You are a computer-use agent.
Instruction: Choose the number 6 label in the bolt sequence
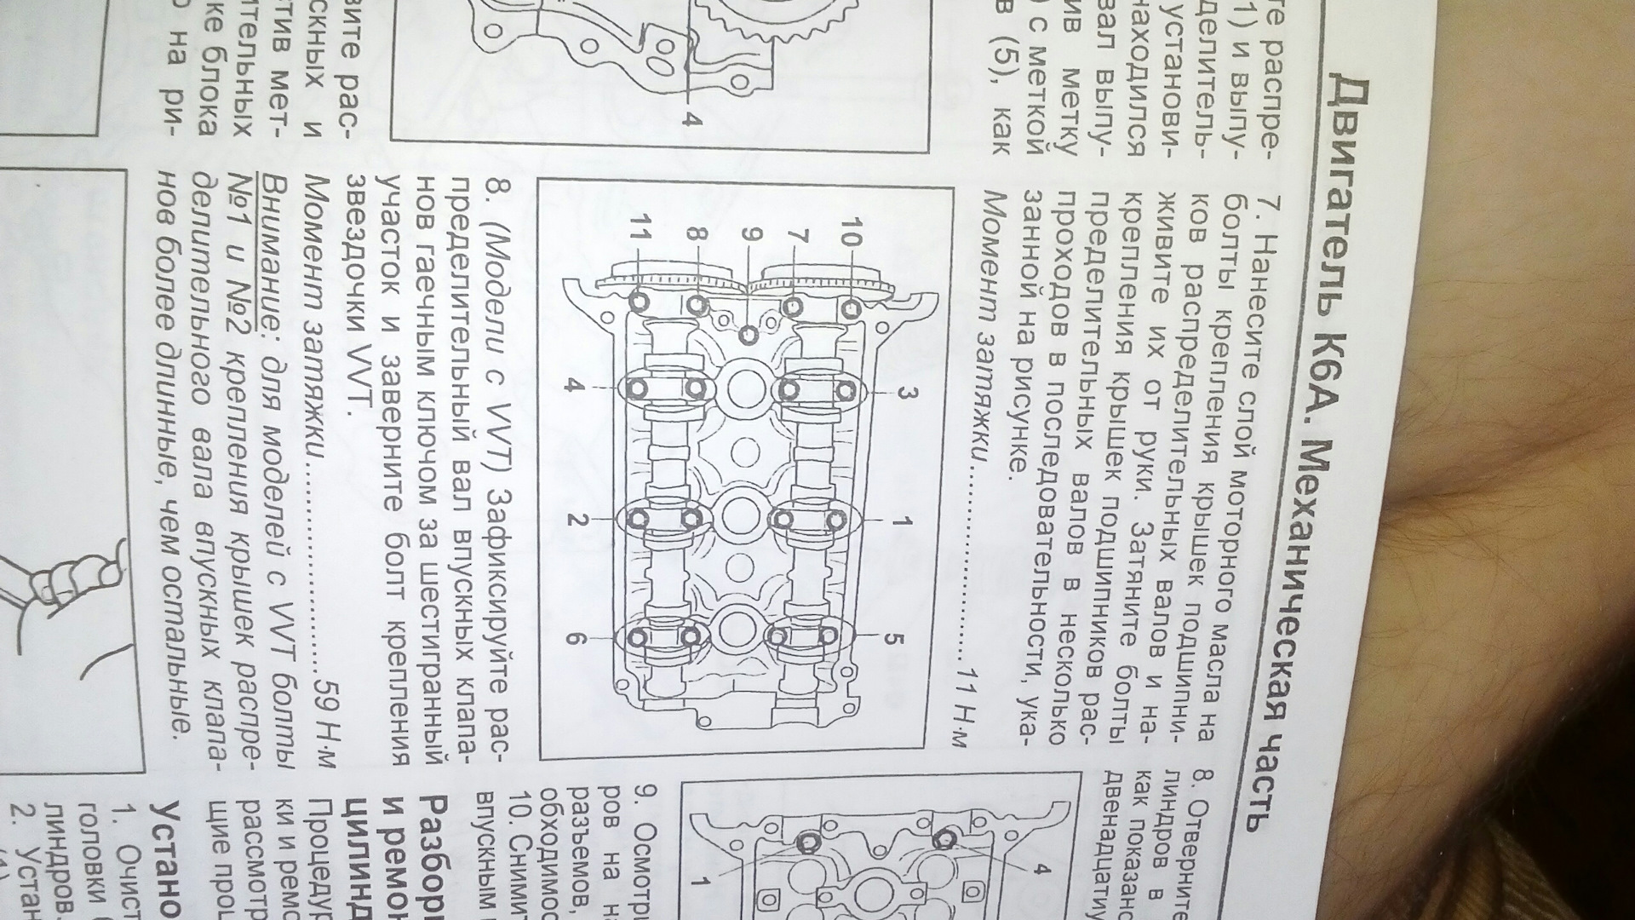click(574, 639)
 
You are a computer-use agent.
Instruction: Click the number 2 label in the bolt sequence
click(574, 520)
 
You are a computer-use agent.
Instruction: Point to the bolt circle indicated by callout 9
click(749, 334)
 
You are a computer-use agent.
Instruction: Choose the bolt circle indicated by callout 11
click(640, 302)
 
